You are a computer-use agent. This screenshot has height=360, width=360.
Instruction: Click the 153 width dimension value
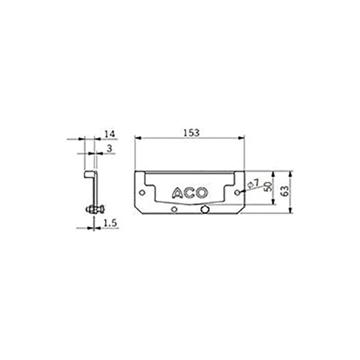coord(191,133)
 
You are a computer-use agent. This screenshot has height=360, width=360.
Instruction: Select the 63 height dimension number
coord(285,191)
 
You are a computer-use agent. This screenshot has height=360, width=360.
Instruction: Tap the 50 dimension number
coord(268,187)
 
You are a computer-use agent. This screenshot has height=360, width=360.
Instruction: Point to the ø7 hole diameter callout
coord(253,184)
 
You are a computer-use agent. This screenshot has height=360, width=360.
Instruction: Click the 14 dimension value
coord(110,134)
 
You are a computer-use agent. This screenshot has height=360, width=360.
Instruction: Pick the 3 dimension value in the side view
coord(110,149)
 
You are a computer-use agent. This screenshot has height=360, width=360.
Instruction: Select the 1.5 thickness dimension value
coord(110,223)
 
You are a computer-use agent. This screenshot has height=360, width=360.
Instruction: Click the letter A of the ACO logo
coord(177,193)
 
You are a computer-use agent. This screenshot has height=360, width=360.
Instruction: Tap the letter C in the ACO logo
coord(189,193)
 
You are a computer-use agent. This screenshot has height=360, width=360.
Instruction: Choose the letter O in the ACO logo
coord(202,193)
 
